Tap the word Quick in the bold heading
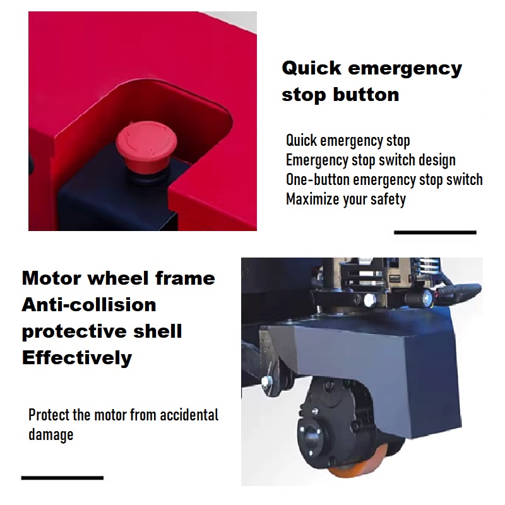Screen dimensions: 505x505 (x=311, y=69)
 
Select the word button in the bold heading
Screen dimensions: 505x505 (x=366, y=95)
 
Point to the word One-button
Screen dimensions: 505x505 (x=318, y=179)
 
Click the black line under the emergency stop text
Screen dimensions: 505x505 (x=435, y=232)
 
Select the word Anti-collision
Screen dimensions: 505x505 (x=89, y=305)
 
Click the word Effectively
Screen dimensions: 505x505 (x=77, y=358)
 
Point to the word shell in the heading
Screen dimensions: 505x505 (x=157, y=331)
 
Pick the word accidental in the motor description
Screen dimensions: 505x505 (x=189, y=415)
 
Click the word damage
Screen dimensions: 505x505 (x=51, y=435)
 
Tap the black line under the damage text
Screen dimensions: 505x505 (x=62, y=478)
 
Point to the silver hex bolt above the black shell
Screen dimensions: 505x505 (x=370, y=300)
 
